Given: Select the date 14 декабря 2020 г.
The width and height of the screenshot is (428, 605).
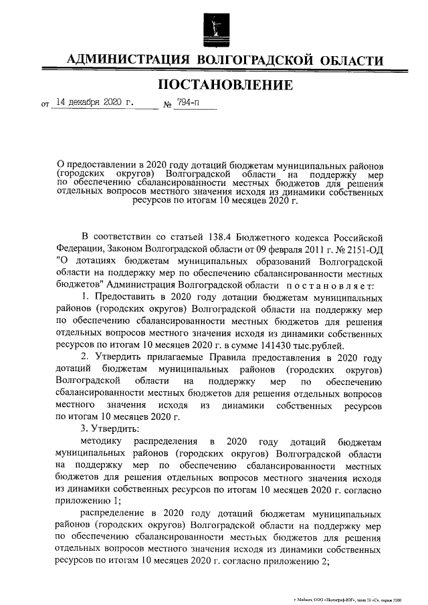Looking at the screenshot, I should (x=94, y=103).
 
